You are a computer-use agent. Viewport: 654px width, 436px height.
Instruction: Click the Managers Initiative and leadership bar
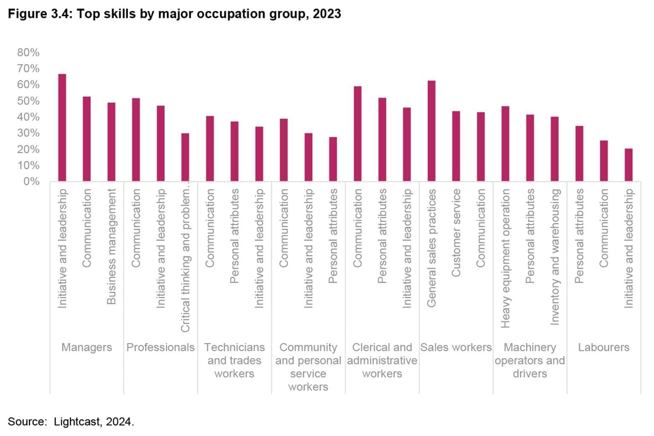62,128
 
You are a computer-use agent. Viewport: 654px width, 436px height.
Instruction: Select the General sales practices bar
431,131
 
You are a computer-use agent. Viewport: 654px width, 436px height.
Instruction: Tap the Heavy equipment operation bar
505,144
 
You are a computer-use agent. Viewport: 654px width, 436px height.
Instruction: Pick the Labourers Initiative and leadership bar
628,165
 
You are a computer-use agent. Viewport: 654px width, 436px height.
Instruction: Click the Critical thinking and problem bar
185,157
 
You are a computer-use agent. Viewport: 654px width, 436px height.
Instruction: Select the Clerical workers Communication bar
358,134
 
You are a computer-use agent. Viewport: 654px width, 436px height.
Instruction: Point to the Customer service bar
456,146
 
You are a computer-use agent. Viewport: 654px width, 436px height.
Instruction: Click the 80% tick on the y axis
28,52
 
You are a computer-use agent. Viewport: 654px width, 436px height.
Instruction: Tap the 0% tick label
31,182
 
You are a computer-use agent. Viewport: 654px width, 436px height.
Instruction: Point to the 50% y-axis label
28,101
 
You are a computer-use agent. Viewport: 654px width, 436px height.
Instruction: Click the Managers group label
86,348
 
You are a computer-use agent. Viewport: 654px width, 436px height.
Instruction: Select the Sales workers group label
456,348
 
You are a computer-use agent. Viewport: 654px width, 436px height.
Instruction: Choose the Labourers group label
603,348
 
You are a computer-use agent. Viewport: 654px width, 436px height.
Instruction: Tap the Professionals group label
161,348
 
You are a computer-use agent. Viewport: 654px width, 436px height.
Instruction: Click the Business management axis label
111,247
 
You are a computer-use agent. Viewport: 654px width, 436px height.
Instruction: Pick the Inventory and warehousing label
554,257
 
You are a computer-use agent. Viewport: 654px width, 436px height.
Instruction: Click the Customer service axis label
456,233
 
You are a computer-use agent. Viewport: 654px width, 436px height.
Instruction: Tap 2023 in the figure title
327,14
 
